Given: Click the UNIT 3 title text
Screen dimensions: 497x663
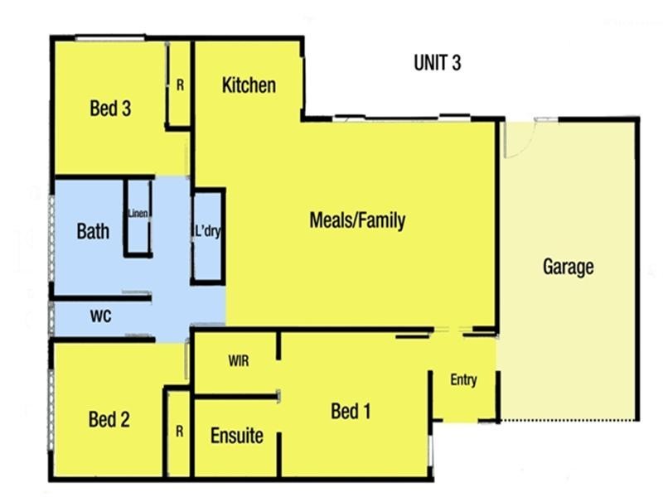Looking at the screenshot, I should click(437, 65).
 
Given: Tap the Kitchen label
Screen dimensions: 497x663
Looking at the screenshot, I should click(249, 85).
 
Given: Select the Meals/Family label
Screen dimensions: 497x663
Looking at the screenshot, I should click(357, 220).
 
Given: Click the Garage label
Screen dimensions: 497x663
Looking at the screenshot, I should click(568, 267).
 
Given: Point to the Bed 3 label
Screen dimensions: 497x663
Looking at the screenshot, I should click(110, 109).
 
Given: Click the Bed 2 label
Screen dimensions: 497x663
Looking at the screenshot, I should click(109, 420).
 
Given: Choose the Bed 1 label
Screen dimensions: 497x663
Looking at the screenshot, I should click(351, 411).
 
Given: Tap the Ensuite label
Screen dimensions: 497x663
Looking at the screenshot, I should click(236, 436).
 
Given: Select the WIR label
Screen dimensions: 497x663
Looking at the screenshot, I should click(238, 361).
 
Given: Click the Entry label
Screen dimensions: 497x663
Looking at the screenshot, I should click(463, 380).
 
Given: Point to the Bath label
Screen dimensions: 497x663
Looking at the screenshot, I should click(93, 231).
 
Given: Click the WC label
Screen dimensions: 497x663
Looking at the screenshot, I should click(101, 316).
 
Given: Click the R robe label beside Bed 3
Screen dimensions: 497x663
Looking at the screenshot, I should click(180, 84).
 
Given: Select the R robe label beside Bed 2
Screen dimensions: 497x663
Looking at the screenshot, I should click(180, 431).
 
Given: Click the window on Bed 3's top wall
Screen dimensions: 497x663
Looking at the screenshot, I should click(110, 37).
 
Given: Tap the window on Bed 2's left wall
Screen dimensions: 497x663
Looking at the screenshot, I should click(51, 406).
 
